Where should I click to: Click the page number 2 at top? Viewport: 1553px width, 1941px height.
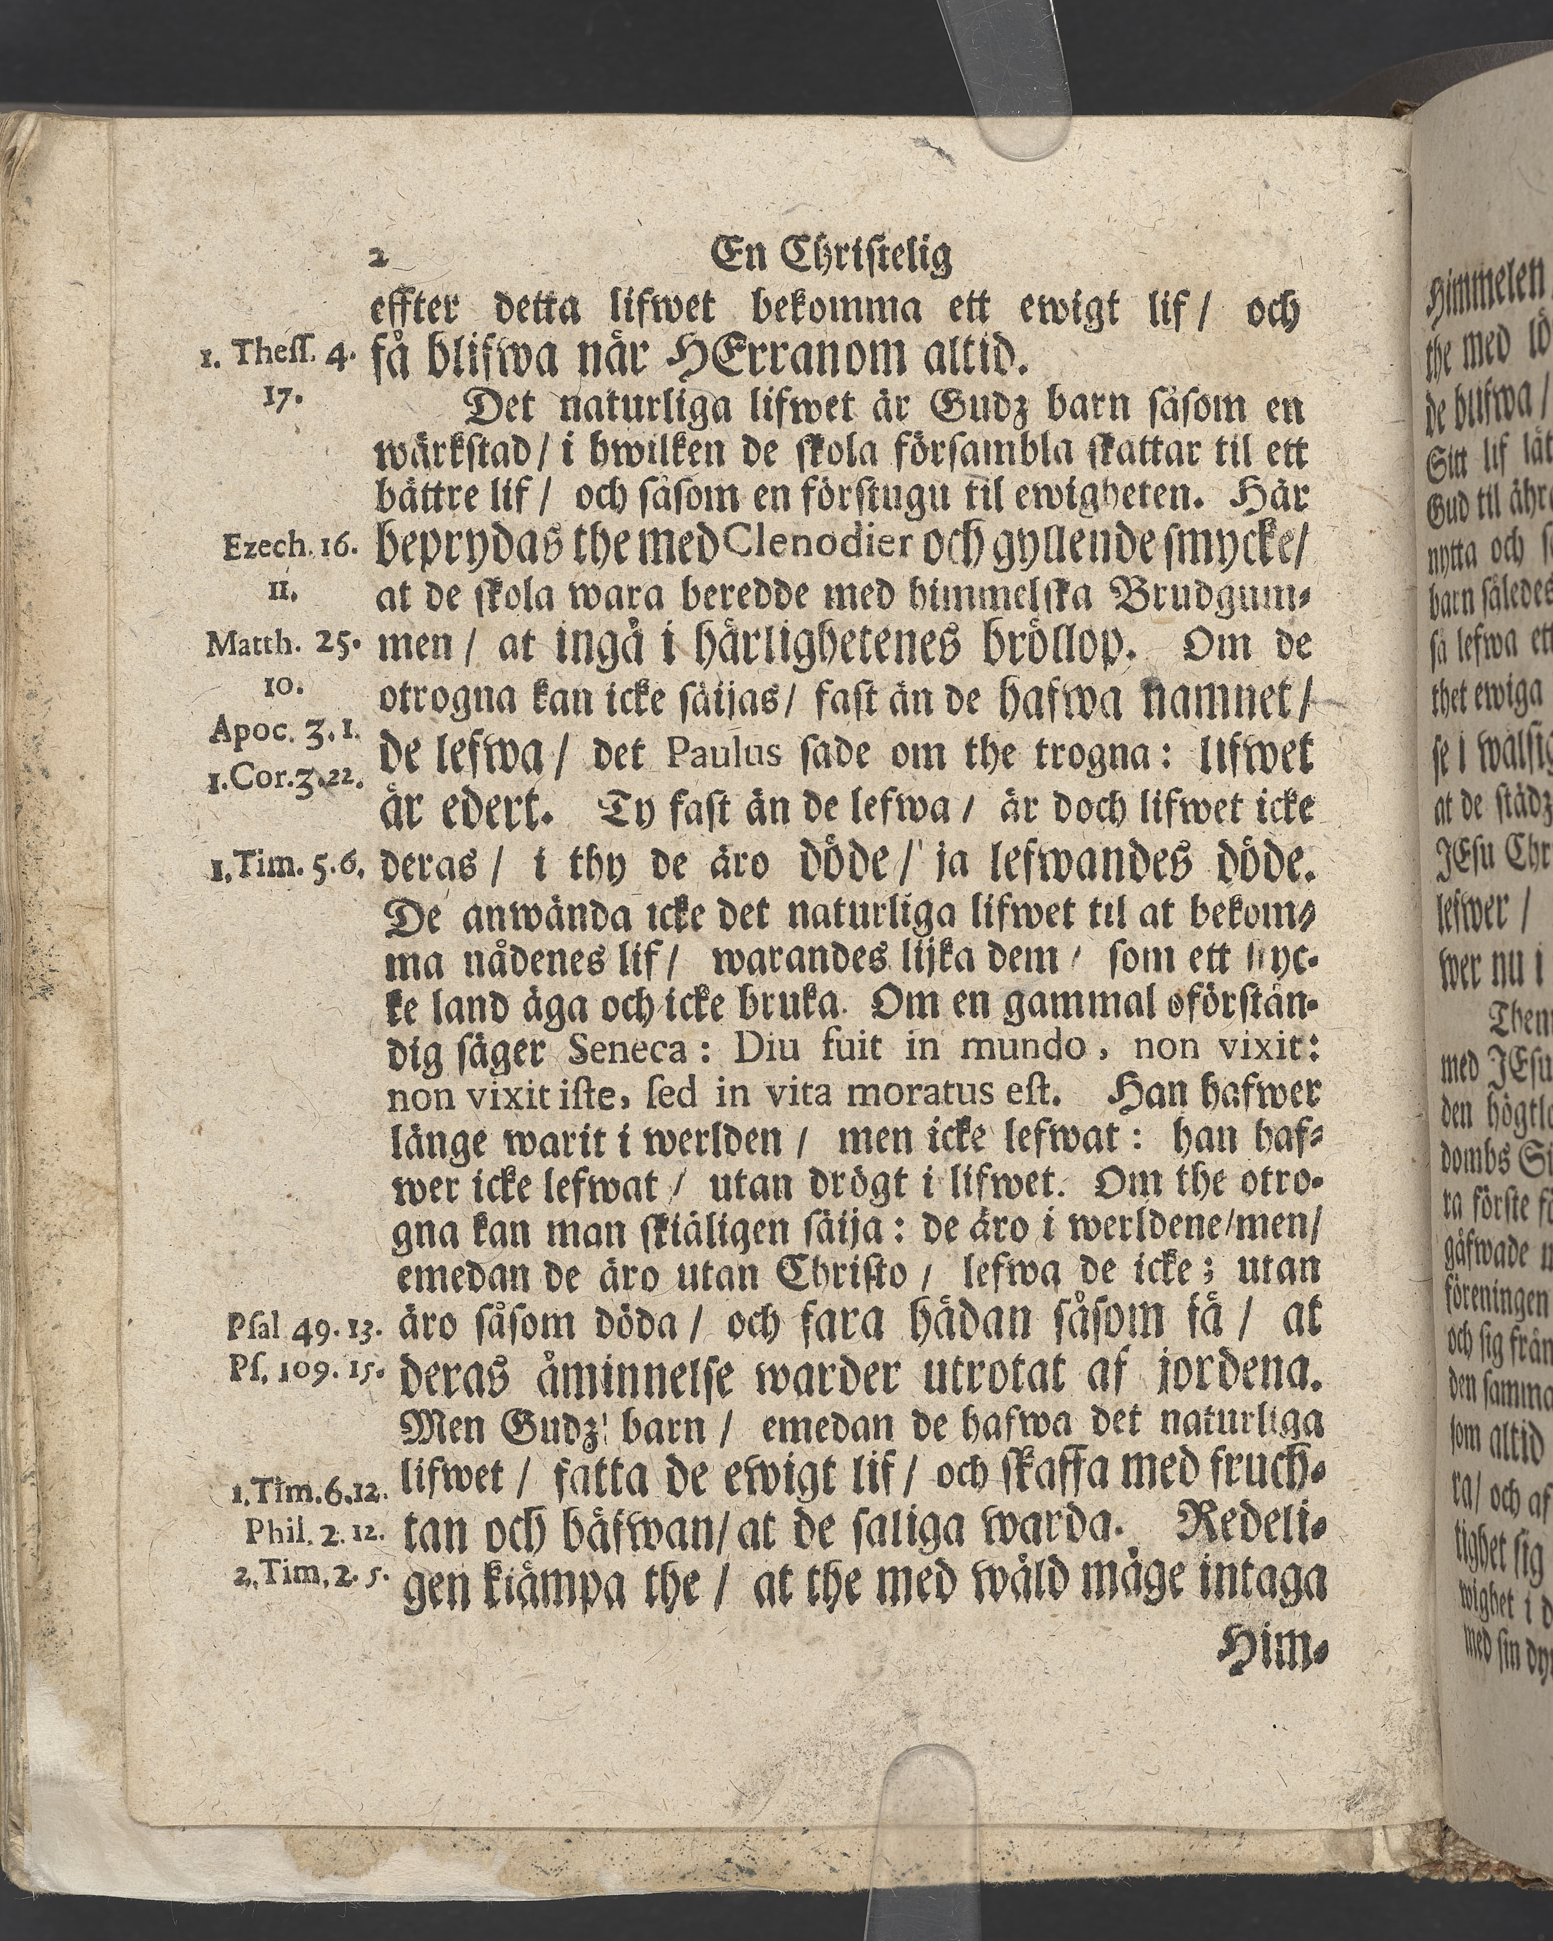(382, 261)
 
